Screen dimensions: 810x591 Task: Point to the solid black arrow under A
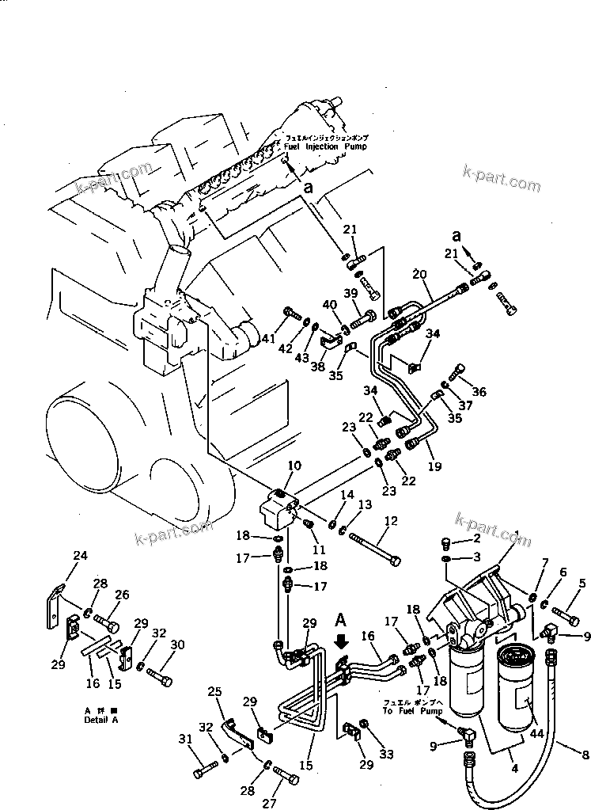342,640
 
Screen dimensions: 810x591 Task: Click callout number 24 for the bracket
79,556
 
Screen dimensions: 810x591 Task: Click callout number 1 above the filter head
515,536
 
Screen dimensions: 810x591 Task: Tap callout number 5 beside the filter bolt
582,584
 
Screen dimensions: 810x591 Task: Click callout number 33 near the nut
387,754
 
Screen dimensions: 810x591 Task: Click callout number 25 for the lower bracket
215,692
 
